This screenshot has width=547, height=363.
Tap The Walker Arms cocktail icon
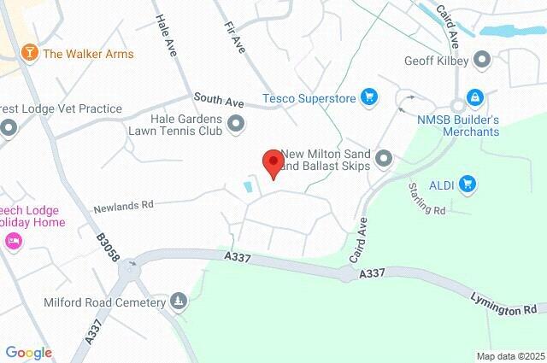pos(31,54)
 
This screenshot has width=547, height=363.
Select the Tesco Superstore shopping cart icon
pos(369,97)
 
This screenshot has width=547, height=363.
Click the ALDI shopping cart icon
pos(467,183)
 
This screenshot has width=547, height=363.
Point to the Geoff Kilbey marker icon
pos(482,60)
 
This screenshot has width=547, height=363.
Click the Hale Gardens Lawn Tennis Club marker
pos(235,126)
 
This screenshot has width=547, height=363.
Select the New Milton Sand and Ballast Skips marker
pos(384,159)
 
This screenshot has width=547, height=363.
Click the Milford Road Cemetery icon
pos(179,302)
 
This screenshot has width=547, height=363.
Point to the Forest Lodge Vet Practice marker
pos(9,128)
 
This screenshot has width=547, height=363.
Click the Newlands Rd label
pos(124,205)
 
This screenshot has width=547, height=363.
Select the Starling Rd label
pos(427,199)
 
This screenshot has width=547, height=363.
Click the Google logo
pos(28,353)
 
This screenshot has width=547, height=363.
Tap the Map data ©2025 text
pos(509,356)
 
